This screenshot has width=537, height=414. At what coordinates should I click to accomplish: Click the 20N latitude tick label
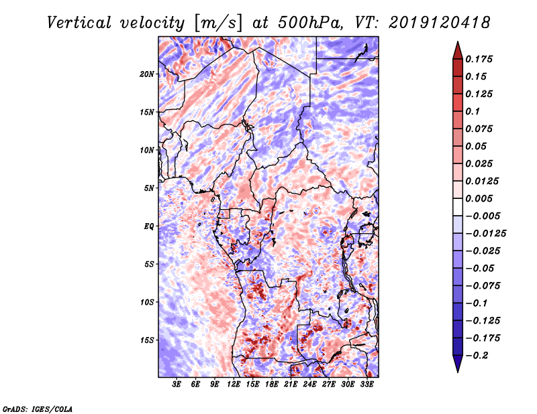147,74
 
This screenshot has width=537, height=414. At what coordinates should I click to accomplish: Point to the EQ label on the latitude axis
150,226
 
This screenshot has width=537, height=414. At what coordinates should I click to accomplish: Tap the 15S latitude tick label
147,340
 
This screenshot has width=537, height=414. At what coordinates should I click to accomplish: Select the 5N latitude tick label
149,188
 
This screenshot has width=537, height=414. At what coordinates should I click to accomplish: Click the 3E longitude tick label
177,385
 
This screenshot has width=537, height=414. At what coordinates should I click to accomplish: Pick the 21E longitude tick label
291,385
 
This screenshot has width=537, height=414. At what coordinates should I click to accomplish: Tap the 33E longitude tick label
367,385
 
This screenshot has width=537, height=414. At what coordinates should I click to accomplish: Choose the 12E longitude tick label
234,385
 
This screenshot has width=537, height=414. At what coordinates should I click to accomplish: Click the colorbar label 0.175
481,59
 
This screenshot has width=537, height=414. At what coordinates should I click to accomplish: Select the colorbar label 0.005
481,198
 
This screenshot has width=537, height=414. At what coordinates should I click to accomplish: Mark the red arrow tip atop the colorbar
456,45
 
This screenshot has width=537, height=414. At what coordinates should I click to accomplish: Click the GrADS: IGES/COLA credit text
37,408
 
